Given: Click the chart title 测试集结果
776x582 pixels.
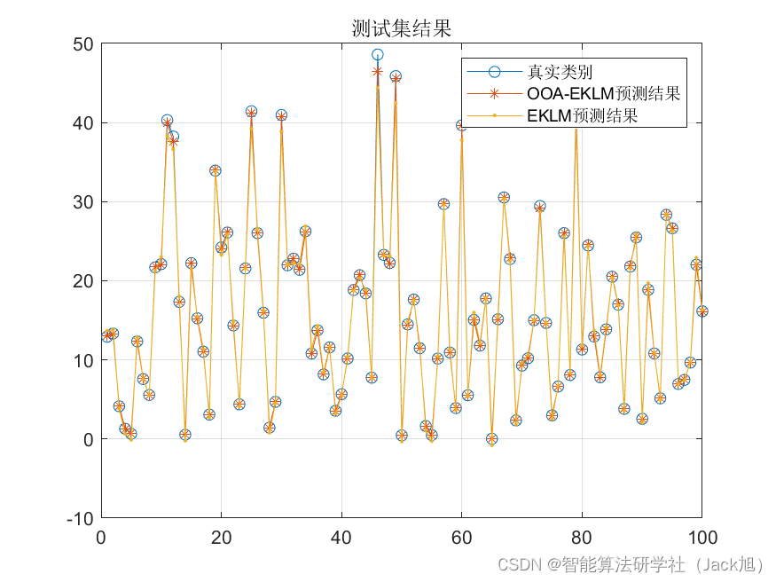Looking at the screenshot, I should (x=401, y=28).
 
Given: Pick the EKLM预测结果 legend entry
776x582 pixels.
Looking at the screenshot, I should (x=582, y=115).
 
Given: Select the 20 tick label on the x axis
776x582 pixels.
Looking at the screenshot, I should (x=221, y=537).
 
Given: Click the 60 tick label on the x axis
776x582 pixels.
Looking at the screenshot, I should (x=461, y=537).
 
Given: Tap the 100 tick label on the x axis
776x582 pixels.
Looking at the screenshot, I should (x=701, y=537).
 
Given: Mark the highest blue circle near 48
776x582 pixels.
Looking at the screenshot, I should (x=378, y=55).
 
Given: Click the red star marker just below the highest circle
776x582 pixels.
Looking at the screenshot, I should (x=378, y=71).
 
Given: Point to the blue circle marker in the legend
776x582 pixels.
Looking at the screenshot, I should (x=495, y=71).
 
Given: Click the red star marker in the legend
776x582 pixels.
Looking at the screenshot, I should (x=495, y=93).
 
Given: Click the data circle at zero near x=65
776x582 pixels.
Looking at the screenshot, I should (x=491, y=439).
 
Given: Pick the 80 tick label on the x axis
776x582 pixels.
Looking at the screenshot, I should (x=581, y=537).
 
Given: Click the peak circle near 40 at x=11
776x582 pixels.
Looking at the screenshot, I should (x=167, y=121).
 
